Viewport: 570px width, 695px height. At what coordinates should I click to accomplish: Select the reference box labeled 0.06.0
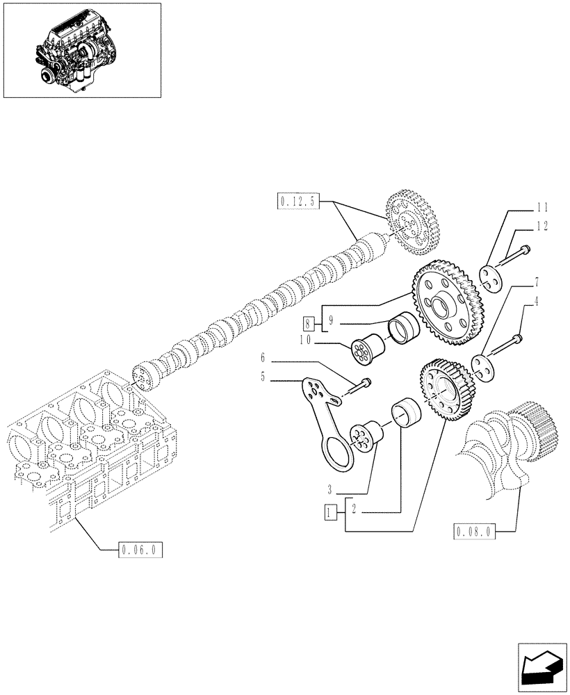[x=140, y=549]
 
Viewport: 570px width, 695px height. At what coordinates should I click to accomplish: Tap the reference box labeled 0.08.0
[x=474, y=532]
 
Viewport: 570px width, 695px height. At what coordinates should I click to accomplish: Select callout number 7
[x=536, y=282]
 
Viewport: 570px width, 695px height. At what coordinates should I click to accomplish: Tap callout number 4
[x=536, y=302]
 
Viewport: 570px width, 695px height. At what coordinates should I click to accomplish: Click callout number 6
[x=263, y=358]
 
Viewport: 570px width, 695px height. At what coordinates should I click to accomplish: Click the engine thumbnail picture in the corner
[x=82, y=50]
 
